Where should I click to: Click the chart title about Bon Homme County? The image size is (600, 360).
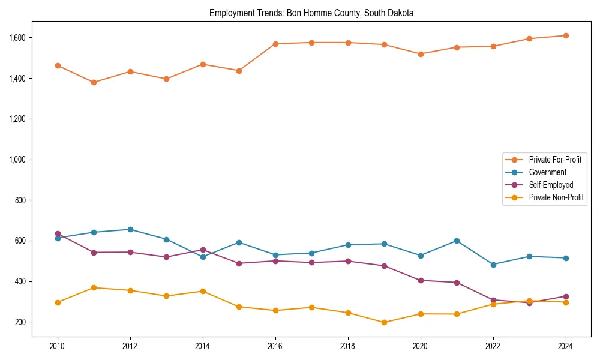(x=311, y=13)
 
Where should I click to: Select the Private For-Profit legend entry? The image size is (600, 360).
(x=555, y=160)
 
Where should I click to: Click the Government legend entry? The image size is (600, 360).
(x=547, y=172)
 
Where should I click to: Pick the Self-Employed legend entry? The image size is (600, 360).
(x=551, y=185)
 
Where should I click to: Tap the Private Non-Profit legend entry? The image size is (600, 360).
(x=556, y=197)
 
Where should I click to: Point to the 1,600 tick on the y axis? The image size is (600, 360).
(x=17, y=38)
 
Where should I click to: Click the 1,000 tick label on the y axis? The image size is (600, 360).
(x=17, y=160)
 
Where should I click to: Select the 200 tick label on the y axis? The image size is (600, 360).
(x=21, y=322)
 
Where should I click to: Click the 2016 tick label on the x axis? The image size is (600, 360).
(x=275, y=347)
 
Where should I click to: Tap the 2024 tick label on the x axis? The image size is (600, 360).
(x=566, y=347)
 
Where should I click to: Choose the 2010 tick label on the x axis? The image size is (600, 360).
(x=58, y=347)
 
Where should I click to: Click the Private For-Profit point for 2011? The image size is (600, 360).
(x=94, y=82)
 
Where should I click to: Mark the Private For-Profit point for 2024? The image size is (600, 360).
(x=566, y=35)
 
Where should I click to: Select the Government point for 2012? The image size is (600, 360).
(x=130, y=229)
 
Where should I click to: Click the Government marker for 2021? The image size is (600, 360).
(x=457, y=241)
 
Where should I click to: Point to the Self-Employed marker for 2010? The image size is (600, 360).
(x=58, y=233)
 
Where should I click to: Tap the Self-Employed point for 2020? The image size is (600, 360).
(x=421, y=280)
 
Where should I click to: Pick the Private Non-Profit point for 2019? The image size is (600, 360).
(x=384, y=322)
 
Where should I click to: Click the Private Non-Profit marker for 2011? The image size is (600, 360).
(x=94, y=287)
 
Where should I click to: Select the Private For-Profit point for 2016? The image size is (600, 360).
(x=275, y=44)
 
